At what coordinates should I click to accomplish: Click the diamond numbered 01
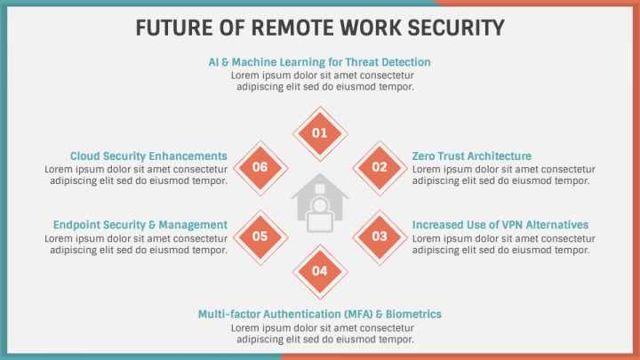point(320,132)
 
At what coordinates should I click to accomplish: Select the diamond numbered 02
point(380,166)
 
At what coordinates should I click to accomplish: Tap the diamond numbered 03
point(380,236)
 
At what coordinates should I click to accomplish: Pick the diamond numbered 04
point(320,270)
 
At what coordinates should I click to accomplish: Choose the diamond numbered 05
point(260,236)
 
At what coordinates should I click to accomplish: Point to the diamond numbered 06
point(260,166)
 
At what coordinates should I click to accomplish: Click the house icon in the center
point(320,204)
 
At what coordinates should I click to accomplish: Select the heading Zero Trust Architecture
point(471,156)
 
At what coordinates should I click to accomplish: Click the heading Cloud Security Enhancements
point(148,156)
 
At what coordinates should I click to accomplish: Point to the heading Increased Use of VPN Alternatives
point(500,225)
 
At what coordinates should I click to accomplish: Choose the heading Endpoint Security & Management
point(140,225)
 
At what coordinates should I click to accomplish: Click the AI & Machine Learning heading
point(319,62)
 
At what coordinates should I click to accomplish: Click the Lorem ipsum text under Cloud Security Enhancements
point(136,174)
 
